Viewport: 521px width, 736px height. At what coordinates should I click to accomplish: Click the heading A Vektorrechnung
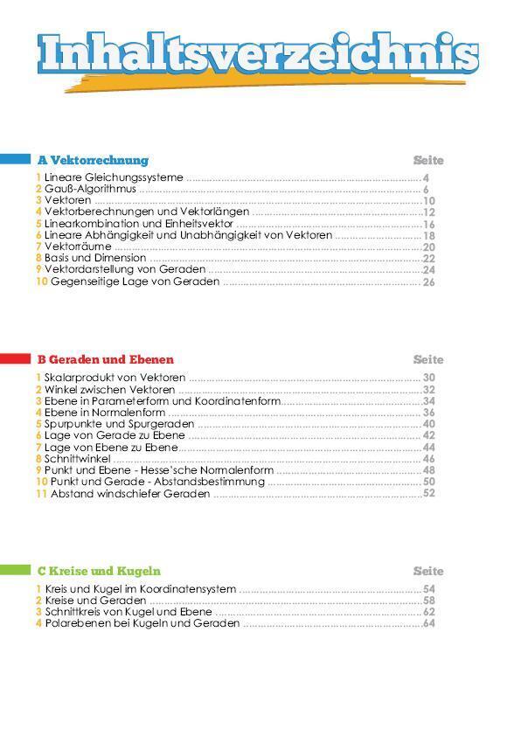(x=93, y=160)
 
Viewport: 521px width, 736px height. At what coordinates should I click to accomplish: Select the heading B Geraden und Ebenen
(x=105, y=359)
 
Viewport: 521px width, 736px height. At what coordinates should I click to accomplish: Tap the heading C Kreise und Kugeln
(x=99, y=571)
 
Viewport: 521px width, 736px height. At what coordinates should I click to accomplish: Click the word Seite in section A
(x=428, y=160)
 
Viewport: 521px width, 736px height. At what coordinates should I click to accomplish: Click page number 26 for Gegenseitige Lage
(x=428, y=282)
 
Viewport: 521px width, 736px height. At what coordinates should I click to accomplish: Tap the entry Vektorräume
(x=78, y=246)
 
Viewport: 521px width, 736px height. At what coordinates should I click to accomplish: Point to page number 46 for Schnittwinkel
(x=428, y=459)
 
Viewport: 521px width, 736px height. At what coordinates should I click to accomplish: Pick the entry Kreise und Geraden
(x=95, y=601)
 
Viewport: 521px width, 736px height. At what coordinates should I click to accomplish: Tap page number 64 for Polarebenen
(x=428, y=624)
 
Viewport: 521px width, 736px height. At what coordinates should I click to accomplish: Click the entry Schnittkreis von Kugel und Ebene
(x=128, y=613)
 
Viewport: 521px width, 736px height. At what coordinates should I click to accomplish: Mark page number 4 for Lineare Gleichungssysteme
(x=426, y=177)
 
